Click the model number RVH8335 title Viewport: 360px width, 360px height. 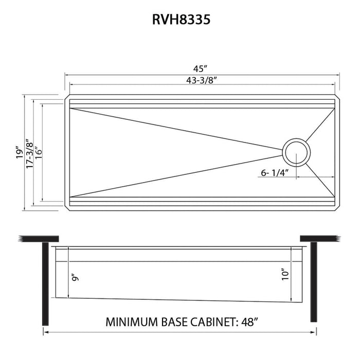(180, 20)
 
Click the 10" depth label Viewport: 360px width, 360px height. (285, 274)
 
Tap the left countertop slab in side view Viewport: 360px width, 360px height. (39, 240)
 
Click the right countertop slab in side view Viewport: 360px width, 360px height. (320, 240)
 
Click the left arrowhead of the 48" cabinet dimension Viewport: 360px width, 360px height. (46, 333)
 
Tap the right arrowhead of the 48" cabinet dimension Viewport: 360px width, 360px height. (313, 333)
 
